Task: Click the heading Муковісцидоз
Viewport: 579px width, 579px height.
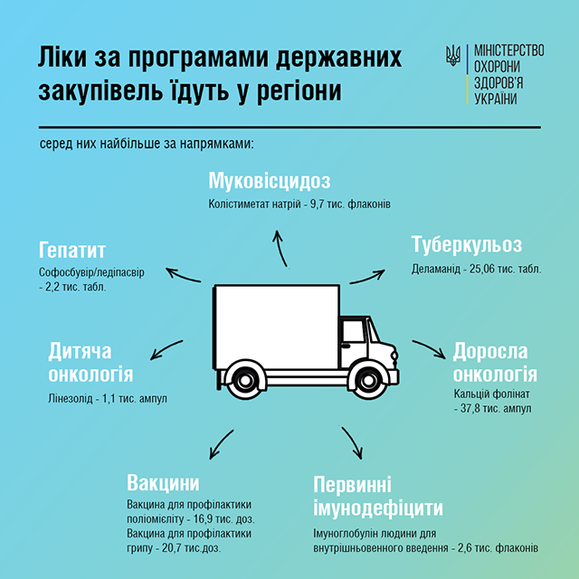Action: pyautogui.click(x=270, y=181)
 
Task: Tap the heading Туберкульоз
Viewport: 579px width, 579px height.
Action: pyautogui.click(x=467, y=244)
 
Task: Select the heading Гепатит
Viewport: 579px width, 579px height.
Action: pyautogui.click(x=72, y=250)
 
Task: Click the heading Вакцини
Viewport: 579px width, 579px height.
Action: pyautogui.click(x=163, y=482)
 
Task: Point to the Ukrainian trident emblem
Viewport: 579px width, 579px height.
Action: pyautogui.click(x=453, y=55)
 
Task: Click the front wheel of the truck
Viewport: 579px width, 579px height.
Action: pyautogui.click(x=367, y=380)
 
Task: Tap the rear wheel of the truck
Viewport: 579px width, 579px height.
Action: pyautogui.click(x=243, y=380)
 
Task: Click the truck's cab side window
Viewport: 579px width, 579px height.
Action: pyautogui.click(x=354, y=331)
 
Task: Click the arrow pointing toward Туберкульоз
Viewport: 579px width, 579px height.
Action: pyautogui.click(x=367, y=278)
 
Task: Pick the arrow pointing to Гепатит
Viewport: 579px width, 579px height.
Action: pyautogui.click(x=183, y=276)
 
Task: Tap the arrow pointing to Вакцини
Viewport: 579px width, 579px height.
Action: pyautogui.click(x=221, y=444)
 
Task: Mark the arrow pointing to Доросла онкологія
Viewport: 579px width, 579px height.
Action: pyautogui.click(x=430, y=347)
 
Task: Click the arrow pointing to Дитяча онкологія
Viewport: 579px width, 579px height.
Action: pyautogui.click(x=166, y=349)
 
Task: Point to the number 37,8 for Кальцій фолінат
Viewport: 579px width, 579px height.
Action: pyautogui.click(x=471, y=408)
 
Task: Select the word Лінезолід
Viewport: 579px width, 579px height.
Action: pyautogui.click(x=71, y=399)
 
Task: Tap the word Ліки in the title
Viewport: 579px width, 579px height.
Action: pyautogui.click(x=62, y=57)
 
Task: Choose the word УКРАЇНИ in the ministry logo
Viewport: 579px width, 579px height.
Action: pyautogui.click(x=495, y=99)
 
